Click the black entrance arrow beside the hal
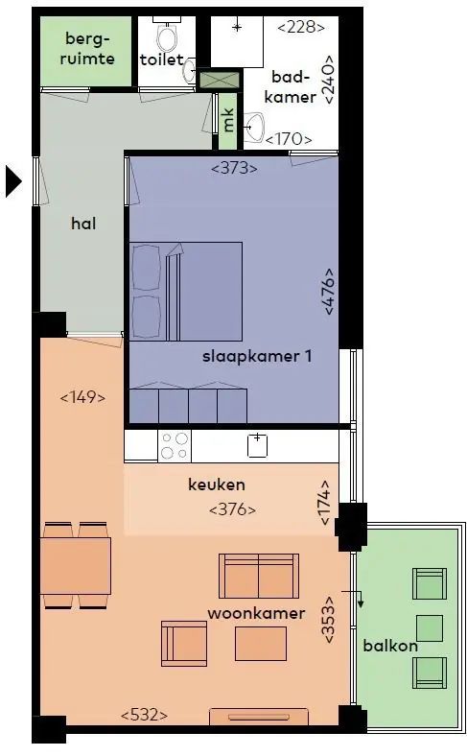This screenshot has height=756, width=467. click(13, 181)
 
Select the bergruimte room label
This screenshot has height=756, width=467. click(87, 48)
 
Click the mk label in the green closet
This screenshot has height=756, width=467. click(228, 120)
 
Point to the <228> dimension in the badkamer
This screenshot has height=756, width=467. click(301, 27)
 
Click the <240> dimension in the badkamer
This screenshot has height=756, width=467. click(329, 79)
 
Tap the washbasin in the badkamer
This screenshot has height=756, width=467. click(254, 128)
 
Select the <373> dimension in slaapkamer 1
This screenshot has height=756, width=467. click(234, 168)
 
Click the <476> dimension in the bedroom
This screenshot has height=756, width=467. click(329, 292)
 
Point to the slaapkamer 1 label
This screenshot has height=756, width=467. click(257, 356)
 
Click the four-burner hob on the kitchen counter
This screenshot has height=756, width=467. click(175, 445)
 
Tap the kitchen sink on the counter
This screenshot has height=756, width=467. click(257, 445)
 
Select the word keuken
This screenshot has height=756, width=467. click(217, 484)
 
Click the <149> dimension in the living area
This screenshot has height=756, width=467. click(82, 398)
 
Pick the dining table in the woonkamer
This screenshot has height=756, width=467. click(76, 566)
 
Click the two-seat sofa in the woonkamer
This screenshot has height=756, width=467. click(259, 576)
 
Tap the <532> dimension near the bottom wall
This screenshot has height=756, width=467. click(144, 715)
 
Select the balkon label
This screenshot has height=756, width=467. click(390, 646)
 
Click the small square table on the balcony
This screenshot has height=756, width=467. click(429, 628)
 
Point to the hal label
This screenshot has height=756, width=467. click(83, 224)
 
